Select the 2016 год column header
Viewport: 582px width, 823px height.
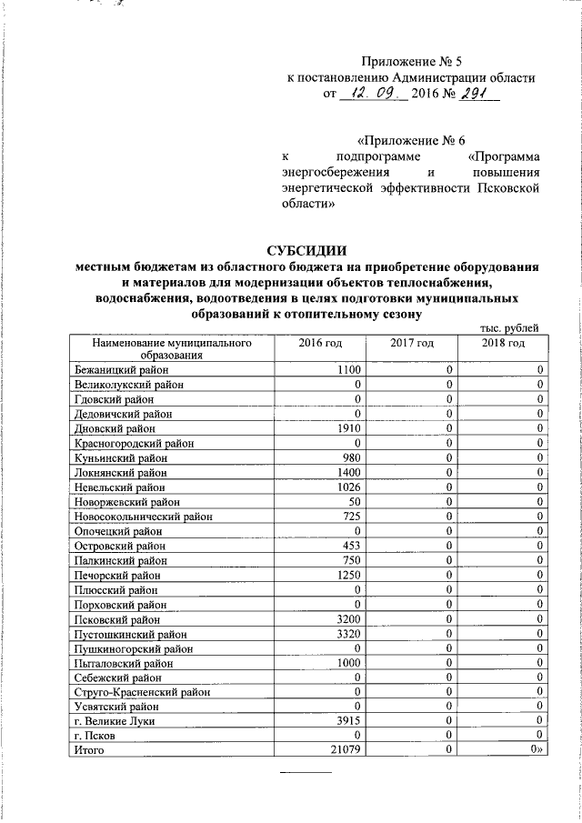click(320, 343)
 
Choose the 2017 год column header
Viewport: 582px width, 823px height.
click(411, 343)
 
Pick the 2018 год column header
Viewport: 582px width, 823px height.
click(503, 343)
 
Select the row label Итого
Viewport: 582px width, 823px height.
click(89, 750)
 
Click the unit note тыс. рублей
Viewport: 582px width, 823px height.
click(509, 327)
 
